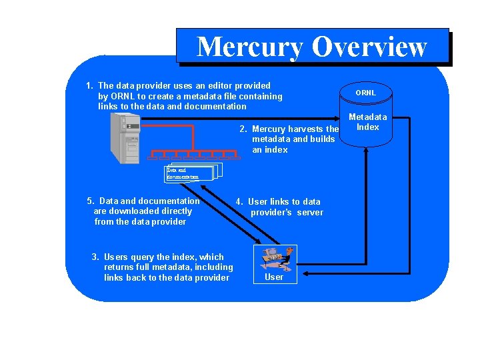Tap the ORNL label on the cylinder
tap(365, 93)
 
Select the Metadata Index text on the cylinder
tap(367, 122)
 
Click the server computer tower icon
tap(125, 137)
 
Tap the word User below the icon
tap(274, 277)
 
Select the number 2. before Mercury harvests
tap(244, 129)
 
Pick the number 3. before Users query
tap(95, 257)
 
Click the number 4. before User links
tap(240, 201)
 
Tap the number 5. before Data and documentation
tap(91, 201)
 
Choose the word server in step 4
tap(310, 212)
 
